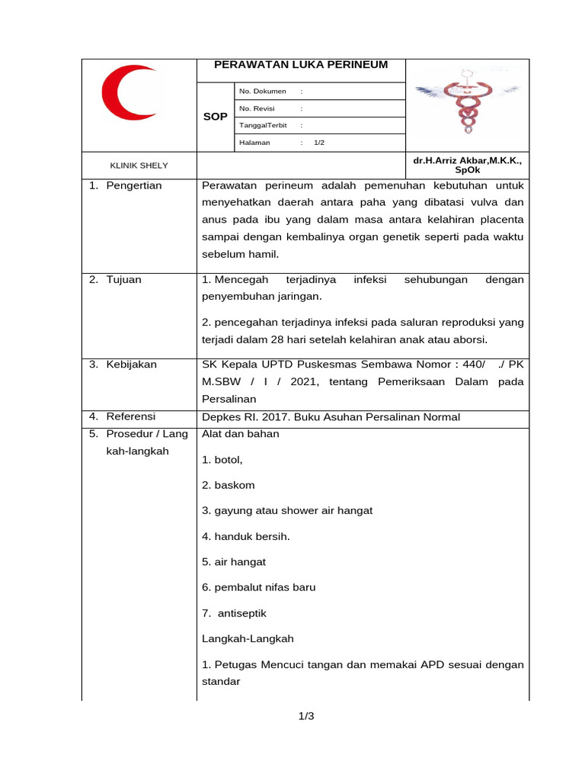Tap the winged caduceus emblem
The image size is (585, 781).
tap(465, 105)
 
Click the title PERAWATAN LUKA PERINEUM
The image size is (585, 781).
tap(301, 65)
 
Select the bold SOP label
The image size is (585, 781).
tap(215, 117)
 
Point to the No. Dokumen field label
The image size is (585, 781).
tap(262, 92)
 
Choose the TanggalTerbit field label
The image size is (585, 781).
tap(263, 126)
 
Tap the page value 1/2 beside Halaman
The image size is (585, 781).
tap(318, 143)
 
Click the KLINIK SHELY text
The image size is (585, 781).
tap(139, 166)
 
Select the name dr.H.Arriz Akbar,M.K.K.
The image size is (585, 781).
tap(467, 162)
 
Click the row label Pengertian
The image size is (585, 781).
tap(133, 185)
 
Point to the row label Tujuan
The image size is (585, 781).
tap(123, 280)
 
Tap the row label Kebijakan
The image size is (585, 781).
tap(131, 365)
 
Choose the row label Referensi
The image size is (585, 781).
tap(130, 416)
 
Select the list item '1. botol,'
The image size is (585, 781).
tap(222, 460)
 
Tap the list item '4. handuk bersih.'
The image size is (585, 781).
tap(246, 536)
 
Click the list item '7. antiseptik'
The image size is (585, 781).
tap(235, 613)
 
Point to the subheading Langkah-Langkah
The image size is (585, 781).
tap(248, 638)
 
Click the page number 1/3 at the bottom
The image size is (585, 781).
tap(306, 716)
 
